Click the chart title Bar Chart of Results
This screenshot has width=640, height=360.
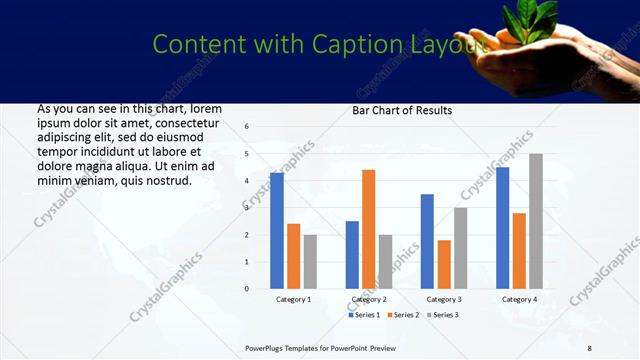(x=402, y=110)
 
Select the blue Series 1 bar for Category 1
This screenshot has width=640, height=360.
(x=277, y=231)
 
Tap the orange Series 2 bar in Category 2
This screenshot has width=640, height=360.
(x=369, y=229)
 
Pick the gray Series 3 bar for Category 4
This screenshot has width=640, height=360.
(x=536, y=221)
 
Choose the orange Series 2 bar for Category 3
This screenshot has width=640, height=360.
(x=444, y=264)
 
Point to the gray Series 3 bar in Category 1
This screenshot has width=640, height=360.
(x=311, y=261)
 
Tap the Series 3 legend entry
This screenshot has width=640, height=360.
(x=442, y=315)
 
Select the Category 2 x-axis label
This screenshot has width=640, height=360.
(x=369, y=299)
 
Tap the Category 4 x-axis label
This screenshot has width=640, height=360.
(x=519, y=299)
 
